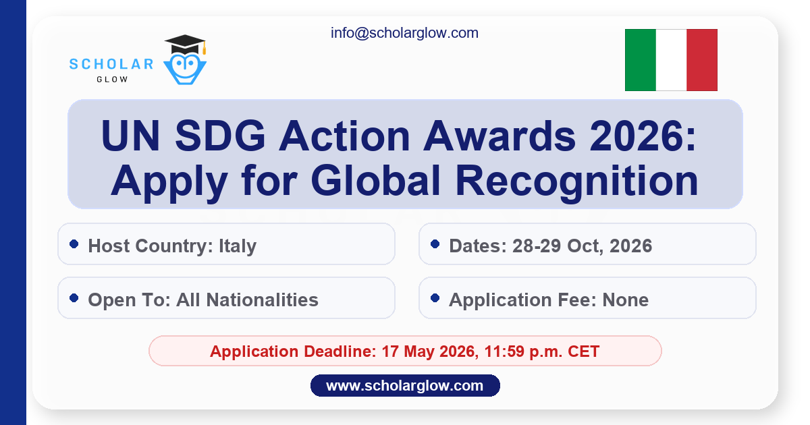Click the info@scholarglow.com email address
404,32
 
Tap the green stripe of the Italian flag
640,60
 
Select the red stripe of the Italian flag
702,60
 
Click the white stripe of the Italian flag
671,60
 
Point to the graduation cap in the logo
185,45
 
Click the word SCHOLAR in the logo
111,65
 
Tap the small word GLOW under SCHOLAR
111,79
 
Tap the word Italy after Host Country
238,246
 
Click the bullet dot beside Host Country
74,244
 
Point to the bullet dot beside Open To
74,297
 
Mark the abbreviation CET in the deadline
583,351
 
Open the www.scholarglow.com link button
405,386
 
